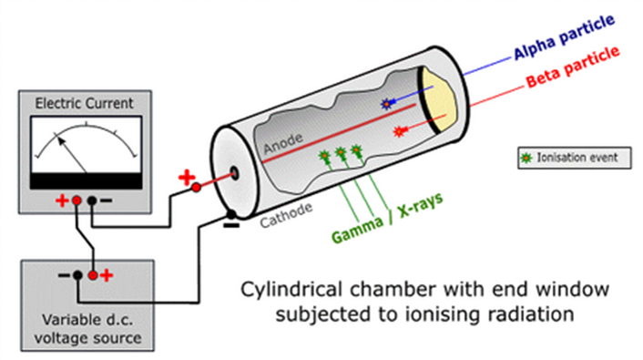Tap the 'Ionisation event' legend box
pyautogui.click(x=568, y=157)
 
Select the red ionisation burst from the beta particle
pyautogui.click(x=400, y=133)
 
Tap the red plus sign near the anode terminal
pyautogui.click(x=190, y=179)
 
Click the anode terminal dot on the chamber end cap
pyautogui.click(x=237, y=172)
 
